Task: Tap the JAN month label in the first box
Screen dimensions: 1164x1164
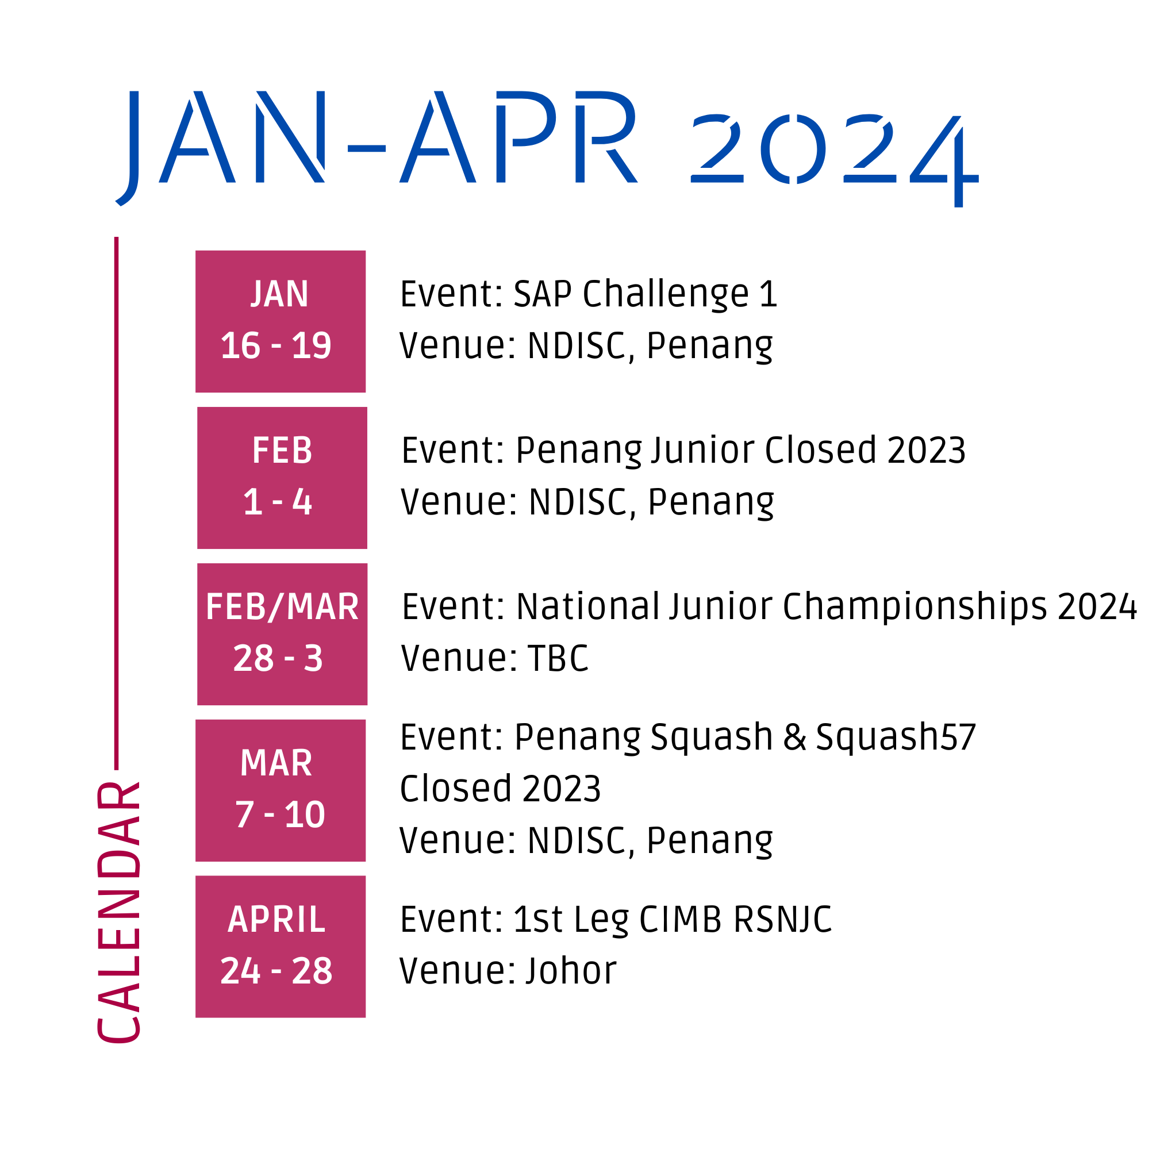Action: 279,294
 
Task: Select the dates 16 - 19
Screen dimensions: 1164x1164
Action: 276,346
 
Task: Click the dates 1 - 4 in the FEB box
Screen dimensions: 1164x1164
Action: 277,502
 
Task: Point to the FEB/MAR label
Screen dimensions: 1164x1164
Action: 282,606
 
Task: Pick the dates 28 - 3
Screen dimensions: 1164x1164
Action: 278,659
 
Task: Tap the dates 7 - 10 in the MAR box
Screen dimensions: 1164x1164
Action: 279,815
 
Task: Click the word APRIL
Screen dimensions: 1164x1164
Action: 276,919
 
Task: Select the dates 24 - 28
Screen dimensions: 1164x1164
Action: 276,971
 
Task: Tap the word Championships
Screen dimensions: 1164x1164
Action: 915,606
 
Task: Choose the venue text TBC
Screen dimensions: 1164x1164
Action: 558,658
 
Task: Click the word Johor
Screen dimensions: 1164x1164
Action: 571,971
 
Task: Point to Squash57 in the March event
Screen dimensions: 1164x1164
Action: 896,737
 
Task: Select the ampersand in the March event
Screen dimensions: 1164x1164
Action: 794,737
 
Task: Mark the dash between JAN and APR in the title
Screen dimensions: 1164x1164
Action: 366,148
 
